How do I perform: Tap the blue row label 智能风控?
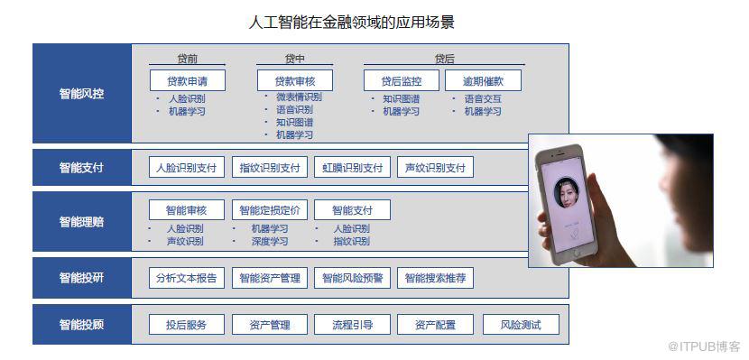point(81,93)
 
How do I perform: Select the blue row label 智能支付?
point(81,168)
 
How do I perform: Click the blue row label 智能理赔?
point(81,221)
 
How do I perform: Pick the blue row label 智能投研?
point(81,278)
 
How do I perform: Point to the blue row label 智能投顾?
point(81,325)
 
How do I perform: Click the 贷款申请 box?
point(188,80)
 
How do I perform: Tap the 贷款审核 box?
point(294,80)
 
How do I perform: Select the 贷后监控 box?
point(402,80)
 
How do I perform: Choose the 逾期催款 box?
point(483,80)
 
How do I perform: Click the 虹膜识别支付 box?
point(352,168)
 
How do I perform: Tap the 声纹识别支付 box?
point(435,168)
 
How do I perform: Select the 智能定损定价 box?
point(270,210)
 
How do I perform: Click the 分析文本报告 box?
point(187,278)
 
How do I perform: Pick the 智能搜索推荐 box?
point(435,278)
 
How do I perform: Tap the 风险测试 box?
point(521,325)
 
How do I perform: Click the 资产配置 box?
point(435,325)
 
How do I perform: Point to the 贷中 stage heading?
point(294,59)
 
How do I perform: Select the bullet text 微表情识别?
point(299,97)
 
